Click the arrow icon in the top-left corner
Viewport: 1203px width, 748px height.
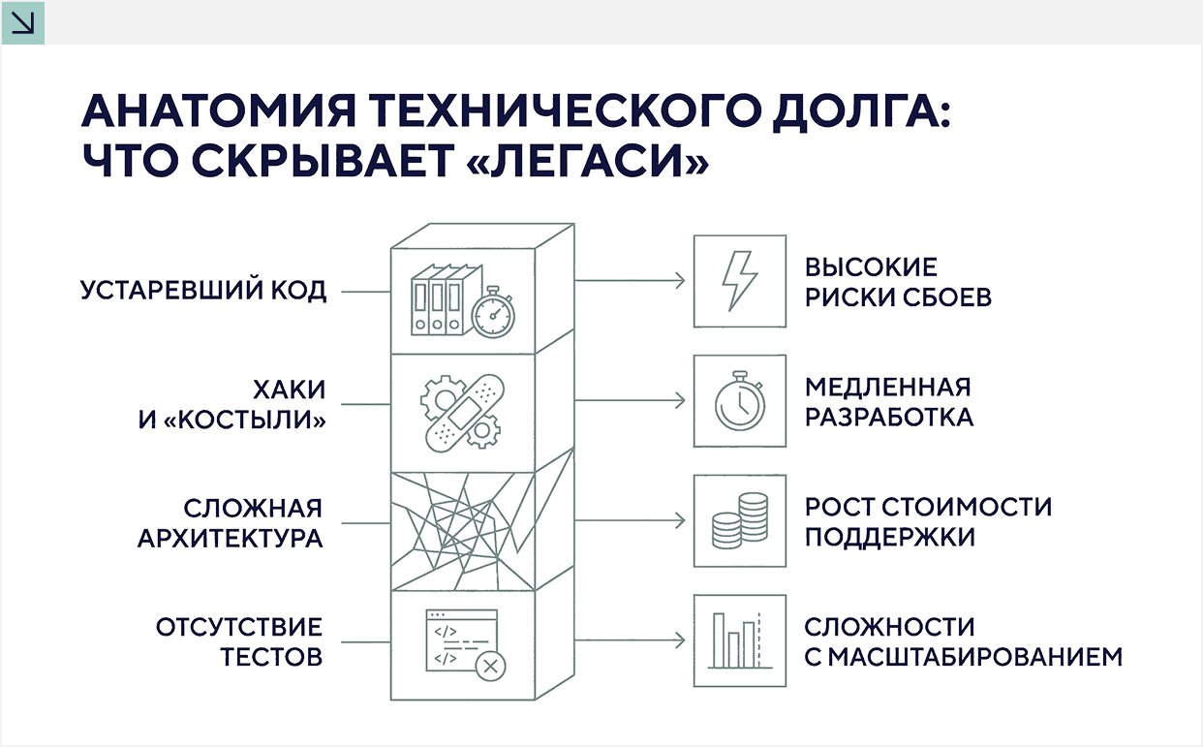click(x=21, y=21)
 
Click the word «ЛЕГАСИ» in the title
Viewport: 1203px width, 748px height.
click(x=587, y=161)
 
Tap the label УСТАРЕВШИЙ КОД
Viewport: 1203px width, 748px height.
click(x=203, y=291)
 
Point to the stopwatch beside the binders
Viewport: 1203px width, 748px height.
click(x=493, y=312)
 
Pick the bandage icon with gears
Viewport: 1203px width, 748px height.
click(x=458, y=412)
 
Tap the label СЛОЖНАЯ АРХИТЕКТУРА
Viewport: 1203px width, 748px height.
click(x=230, y=524)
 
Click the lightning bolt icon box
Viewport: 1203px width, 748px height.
click(x=739, y=281)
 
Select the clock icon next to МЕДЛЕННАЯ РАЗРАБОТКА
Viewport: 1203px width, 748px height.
click(x=739, y=400)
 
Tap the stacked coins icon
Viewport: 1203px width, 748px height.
click(x=739, y=520)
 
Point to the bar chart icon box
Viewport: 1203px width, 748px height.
click(x=739, y=640)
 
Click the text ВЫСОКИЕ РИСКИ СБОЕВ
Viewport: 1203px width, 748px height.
click(x=898, y=282)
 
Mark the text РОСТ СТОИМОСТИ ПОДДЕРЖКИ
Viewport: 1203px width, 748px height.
click(x=928, y=521)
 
